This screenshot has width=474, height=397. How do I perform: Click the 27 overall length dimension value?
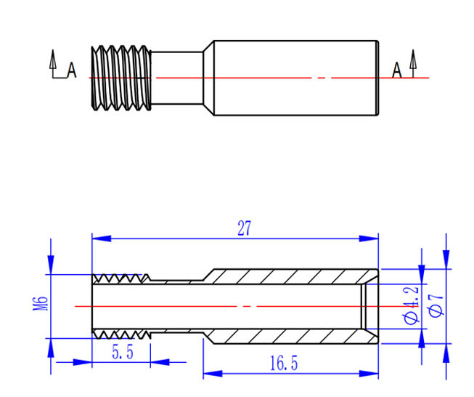click(x=244, y=228)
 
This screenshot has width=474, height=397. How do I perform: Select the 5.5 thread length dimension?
click(x=123, y=352)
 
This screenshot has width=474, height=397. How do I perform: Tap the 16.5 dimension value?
click(x=284, y=363)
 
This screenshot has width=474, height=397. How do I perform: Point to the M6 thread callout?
click(x=40, y=303)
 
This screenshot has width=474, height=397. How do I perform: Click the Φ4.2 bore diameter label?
click(x=411, y=305)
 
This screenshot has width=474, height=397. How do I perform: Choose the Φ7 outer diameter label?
click(x=436, y=305)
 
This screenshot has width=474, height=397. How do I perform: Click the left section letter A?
click(x=72, y=70)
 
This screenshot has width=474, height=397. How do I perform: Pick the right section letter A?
click(x=397, y=70)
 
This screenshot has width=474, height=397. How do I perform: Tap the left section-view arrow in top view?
click(x=53, y=63)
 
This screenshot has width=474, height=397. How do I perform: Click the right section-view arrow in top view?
click(x=413, y=63)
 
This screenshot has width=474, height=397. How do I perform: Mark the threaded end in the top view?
click(x=121, y=78)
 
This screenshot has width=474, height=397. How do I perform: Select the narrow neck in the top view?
click(x=176, y=78)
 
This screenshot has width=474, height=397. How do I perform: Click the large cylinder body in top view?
click(x=296, y=78)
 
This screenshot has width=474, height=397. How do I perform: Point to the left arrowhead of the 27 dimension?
click(x=102, y=238)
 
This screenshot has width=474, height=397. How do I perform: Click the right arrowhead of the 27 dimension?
click(x=369, y=238)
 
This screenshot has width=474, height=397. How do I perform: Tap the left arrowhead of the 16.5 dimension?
click(x=213, y=374)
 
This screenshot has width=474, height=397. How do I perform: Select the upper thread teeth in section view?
click(x=121, y=278)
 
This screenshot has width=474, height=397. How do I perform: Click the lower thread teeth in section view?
click(x=121, y=334)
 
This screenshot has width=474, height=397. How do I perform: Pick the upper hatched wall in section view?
click(x=290, y=276)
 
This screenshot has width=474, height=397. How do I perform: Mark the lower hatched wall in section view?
click(x=290, y=336)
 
